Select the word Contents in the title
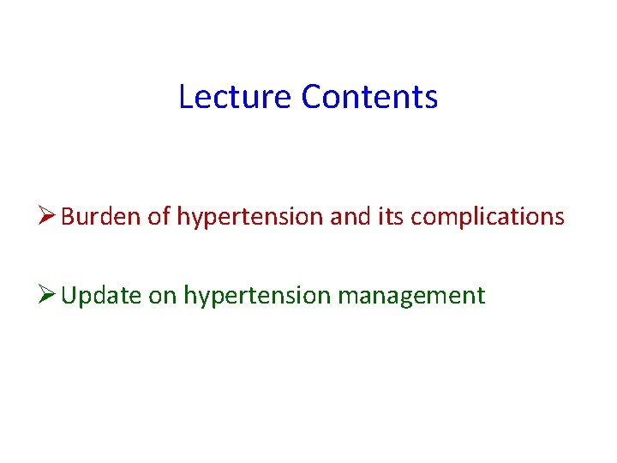pyautogui.click(x=369, y=97)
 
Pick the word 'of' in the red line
pyautogui.click(x=159, y=217)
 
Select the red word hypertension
pyautogui.click(x=249, y=219)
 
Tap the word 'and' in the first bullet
pyautogui.click(x=348, y=217)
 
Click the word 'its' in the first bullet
pyautogui.click(x=391, y=217)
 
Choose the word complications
pyautogui.click(x=488, y=219)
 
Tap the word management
pyautogui.click(x=411, y=298)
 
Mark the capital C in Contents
pyautogui.click(x=311, y=97)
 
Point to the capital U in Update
pyautogui.click(x=69, y=296)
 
